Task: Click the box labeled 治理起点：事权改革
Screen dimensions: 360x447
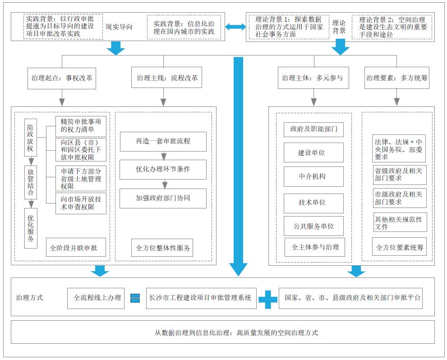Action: pyautogui.click(x=62, y=78)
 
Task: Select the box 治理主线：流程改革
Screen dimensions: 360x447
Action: pyautogui.click(x=167, y=78)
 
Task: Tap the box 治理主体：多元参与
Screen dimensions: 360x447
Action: pyautogui.click(x=312, y=78)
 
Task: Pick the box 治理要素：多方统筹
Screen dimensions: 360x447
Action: pyautogui.click(x=396, y=78)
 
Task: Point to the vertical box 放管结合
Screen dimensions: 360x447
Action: pyautogui.click(x=31, y=182)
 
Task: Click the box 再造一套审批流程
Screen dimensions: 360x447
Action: pyautogui.click(x=163, y=141)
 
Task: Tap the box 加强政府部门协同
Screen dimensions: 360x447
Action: pyautogui.click(x=163, y=198)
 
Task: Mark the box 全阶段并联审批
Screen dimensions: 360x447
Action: pyautogui.click(x=76, y=248)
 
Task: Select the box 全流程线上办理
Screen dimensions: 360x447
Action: pyautogui.click(x=96, y=298)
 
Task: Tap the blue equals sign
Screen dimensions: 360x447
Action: pyautogui.click(x=135, y=298)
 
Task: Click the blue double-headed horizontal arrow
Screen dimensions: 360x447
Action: pyautogui.click(x=235, y=28)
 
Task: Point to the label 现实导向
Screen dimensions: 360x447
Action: pyautogui.click(x=119, y=27)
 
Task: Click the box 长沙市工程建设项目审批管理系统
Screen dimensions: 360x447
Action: pyautogui.click(x=201, y=298)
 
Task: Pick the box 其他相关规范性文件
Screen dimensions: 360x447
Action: pyautogui.click(x=399, y=223)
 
